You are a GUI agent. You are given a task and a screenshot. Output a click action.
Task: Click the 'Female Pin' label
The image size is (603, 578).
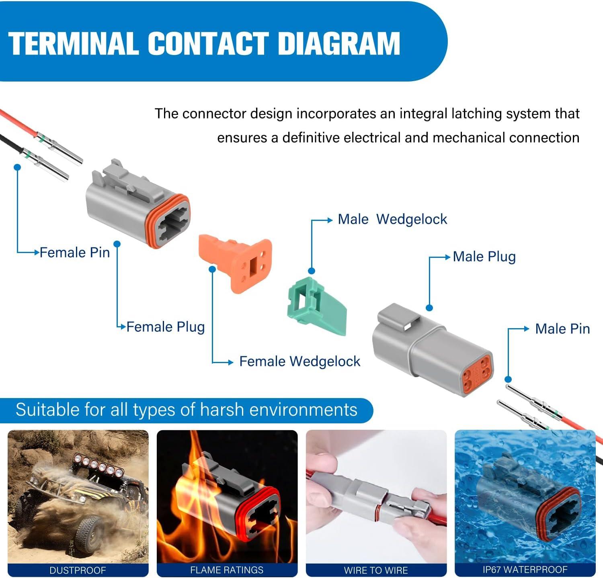[x=75, y=253]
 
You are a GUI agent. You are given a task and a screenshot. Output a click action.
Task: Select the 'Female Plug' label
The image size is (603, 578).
[x=166, y=327]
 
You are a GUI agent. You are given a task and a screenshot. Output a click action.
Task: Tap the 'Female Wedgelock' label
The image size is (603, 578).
[x=299, y=362]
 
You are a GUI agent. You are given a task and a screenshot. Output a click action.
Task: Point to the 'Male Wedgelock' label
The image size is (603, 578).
[x=392, y=219]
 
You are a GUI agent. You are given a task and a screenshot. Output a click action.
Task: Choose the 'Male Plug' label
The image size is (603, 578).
[x=484, y=257]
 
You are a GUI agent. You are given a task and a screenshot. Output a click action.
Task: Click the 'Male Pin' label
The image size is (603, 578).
[x=562, y=329]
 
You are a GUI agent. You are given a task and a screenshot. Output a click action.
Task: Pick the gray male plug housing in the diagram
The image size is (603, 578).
[x=430, y=345]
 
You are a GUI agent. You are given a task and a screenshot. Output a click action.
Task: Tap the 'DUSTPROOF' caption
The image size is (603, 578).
[x=78, y=570]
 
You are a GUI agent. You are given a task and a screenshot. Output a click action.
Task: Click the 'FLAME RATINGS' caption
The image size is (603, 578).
[x=227, y=570]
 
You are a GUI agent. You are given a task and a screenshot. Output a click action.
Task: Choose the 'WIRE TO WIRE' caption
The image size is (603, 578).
[x=376, y=570]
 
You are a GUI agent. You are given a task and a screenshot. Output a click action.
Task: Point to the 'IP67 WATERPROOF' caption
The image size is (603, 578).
[x=525, y=570]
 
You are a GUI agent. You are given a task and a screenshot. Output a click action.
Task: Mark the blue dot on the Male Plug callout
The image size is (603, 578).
[x=429, y=308]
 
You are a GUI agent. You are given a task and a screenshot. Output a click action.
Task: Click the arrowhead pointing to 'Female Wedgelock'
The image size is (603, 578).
[x=230, y=362]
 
